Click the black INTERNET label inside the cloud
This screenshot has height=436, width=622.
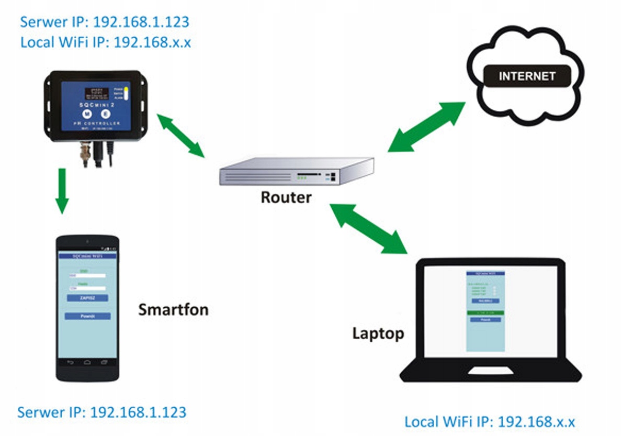click(527, 76)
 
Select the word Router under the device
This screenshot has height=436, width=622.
click(286, 197)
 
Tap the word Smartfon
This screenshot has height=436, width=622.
click(173, 310)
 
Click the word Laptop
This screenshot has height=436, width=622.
click(378, 333)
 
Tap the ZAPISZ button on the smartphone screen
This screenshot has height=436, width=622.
click(87, 297)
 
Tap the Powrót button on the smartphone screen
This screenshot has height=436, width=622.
click(87, 316)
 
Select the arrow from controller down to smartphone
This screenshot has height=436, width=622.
click(62, 191)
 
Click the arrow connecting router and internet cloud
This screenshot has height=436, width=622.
click(426, 127)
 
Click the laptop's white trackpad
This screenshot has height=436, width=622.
click(490, 371)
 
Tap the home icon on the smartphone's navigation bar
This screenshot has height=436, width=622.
click(87, 362)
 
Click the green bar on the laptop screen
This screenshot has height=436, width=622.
click(485, 313)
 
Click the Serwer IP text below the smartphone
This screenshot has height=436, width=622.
click(101, 412)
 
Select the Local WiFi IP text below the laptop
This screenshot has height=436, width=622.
click(490, 422)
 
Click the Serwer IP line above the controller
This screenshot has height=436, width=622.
click(104, 23)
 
